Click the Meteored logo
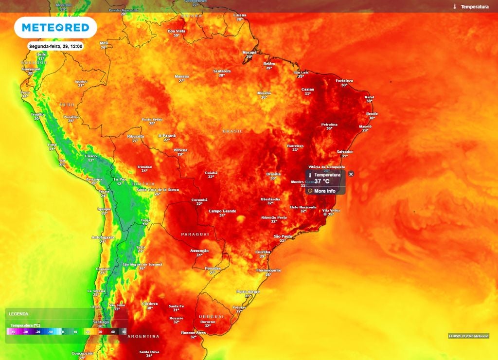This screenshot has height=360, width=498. point(55,28)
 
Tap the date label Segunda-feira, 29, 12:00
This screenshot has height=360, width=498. point(55,46)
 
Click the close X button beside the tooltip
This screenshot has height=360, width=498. point(351,174)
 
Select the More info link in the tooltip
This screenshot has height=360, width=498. point(324,191)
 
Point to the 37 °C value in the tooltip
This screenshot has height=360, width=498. point(321,181)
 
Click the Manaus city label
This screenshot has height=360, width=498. point(182,76)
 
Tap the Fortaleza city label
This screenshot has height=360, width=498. point(344,81)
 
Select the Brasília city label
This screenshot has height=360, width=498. point(273,174)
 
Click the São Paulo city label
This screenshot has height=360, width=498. point(283,236)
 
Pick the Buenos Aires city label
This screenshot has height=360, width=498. point(193,333)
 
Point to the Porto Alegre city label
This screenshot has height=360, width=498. point(248,291)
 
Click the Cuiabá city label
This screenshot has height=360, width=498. point(211,173)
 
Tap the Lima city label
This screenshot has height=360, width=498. point(52,144)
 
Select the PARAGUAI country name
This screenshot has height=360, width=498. point(195,234)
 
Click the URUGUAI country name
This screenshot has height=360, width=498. point(211,317)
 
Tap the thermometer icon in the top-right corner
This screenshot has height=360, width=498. point(454,7)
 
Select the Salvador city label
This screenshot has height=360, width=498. point(344,152)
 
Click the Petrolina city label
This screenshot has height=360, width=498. point(329,125)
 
